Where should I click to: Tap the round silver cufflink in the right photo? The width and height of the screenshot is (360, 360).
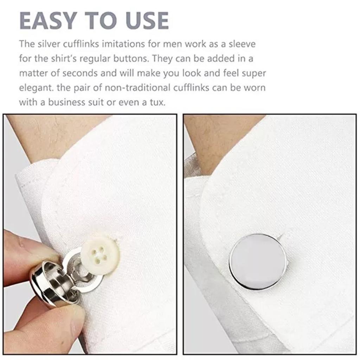coord(258,262)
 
